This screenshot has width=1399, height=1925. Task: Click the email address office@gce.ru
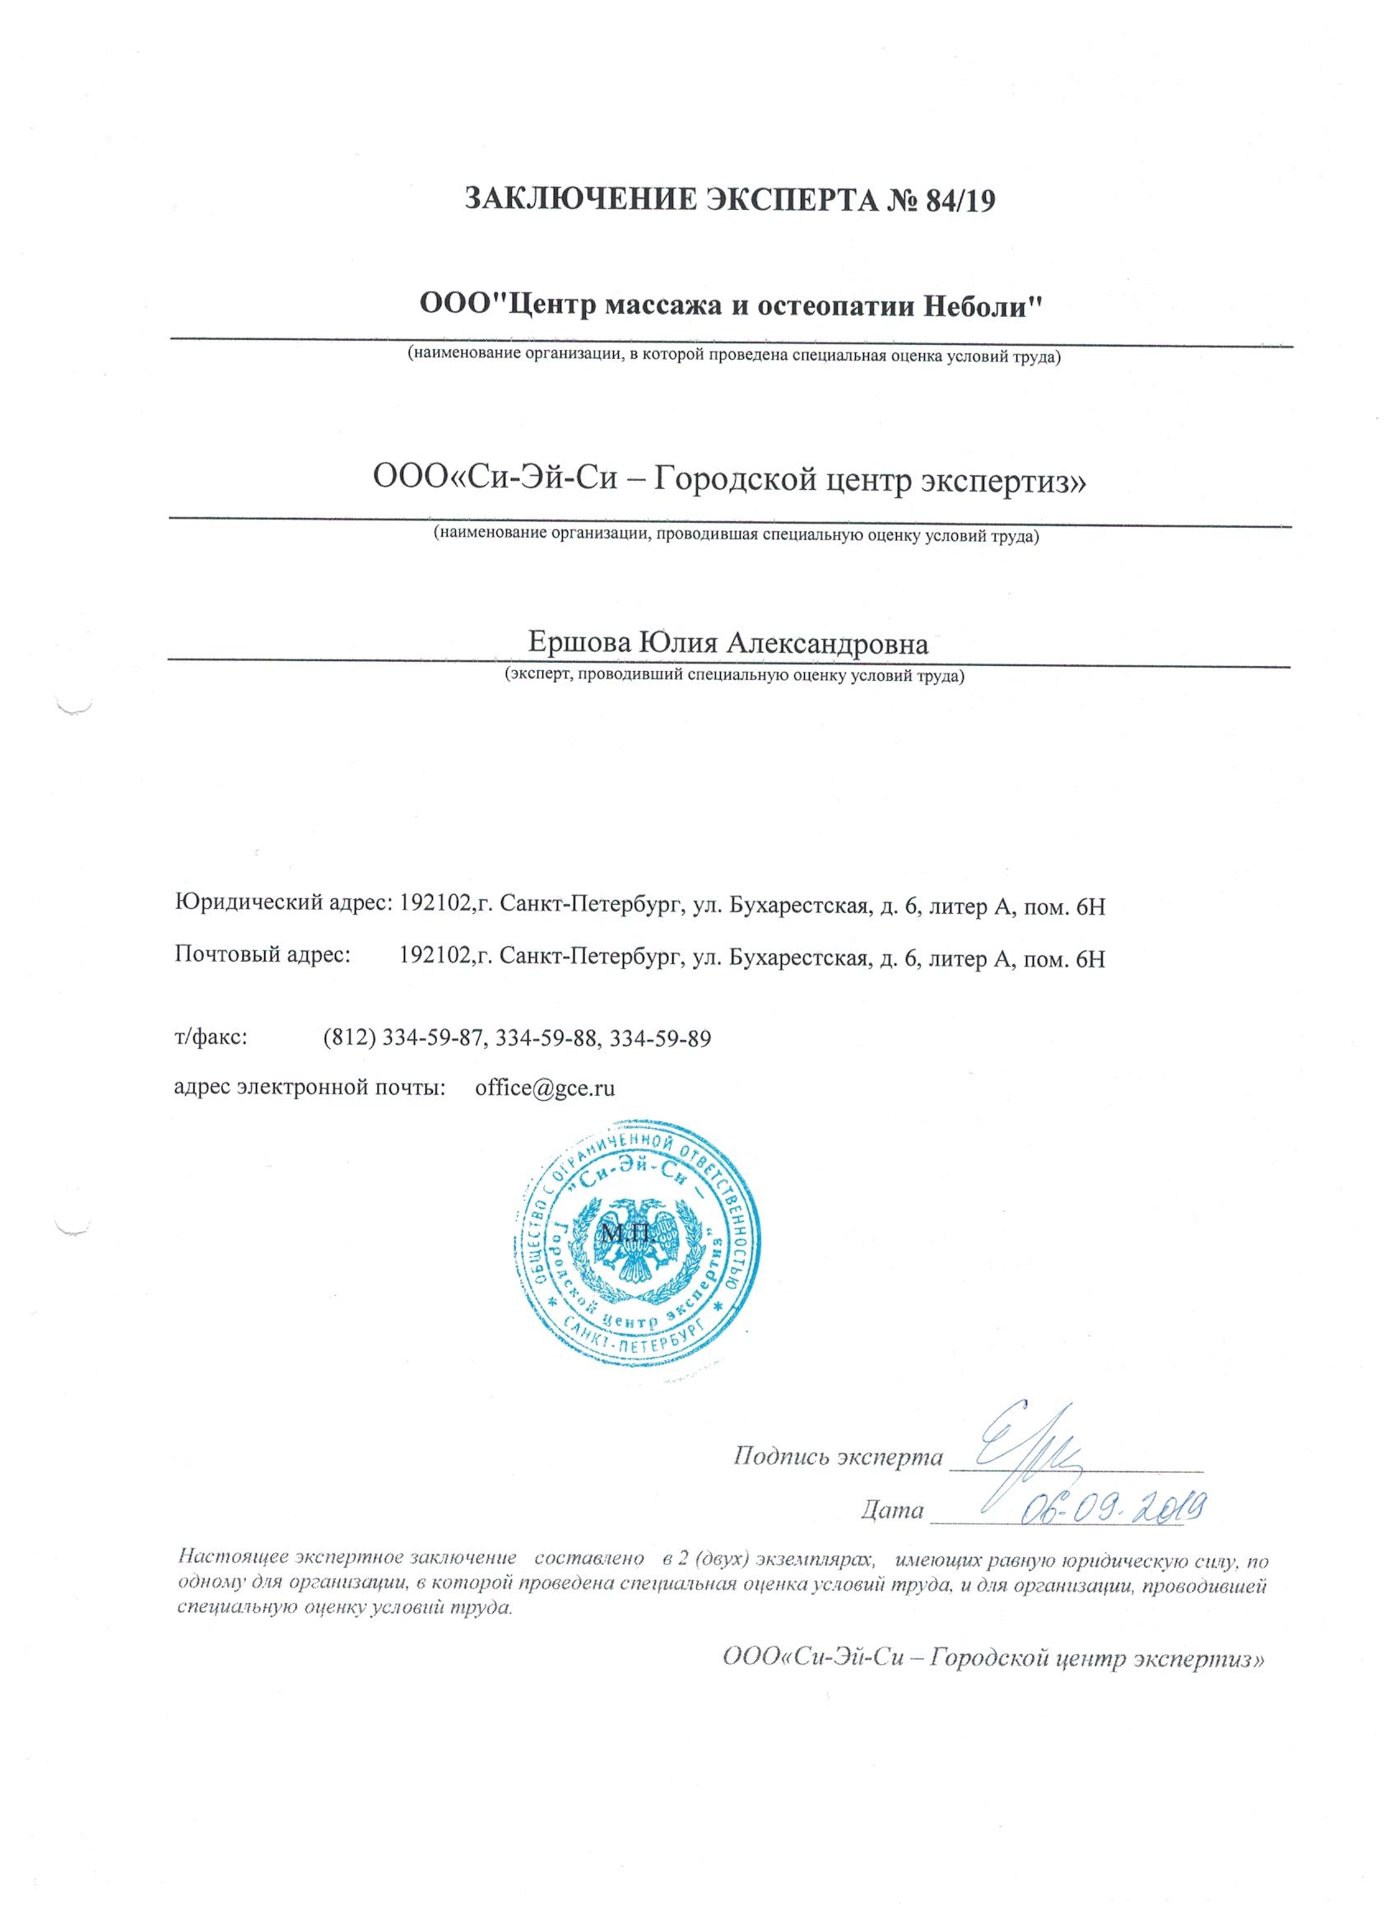pyautogui.click(x=545, y=1089)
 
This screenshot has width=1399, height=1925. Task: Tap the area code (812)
pyautogui.click(x=350, y=1038)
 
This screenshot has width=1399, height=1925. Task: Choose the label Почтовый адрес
pyautogui.click(x=263, y=958)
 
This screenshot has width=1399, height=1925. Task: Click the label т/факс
pyautogui.click(x=211, y=1038)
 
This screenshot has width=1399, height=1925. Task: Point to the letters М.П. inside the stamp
pyautogui.click(x=625, y=1232)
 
